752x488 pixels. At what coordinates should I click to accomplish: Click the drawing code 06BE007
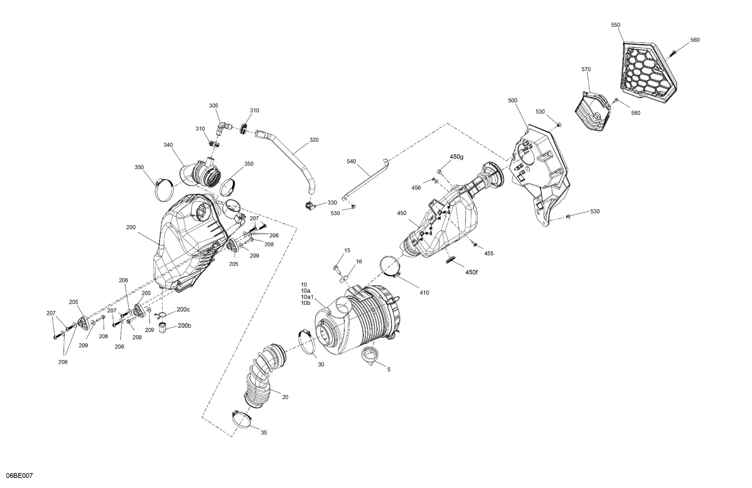(19, 476)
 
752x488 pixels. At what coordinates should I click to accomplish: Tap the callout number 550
(615, 25)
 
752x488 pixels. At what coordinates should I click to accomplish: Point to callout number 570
(586, 69)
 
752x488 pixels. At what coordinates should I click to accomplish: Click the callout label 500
(513, 100)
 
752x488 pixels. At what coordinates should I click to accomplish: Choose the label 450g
(457, 156)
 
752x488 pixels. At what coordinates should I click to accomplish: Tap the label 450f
(471, 272)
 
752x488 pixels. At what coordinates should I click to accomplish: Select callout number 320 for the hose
(314, 140)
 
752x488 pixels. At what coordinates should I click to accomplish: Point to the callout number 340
(168, 145)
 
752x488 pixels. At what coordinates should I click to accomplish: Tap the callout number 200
(131, 227)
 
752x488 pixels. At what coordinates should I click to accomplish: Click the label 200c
(183, 309)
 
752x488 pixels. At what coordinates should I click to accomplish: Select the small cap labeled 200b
(162, 328)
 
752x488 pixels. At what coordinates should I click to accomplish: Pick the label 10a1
(307, 297)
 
